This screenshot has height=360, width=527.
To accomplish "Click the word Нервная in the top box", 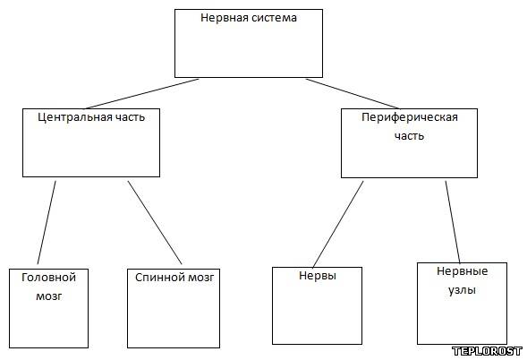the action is pos(225,18).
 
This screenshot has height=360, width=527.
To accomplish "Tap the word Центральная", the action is pos(74,117).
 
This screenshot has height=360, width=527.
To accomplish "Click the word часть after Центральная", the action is pos(130,117).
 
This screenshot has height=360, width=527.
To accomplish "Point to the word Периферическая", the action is pos(410,117).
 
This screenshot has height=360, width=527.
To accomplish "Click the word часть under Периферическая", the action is pos(410,136).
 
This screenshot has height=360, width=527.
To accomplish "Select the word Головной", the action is pos(48,278).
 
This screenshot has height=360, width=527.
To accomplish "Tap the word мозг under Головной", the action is pos(49,296).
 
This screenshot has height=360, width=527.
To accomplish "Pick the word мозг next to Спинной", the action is pos(201,278).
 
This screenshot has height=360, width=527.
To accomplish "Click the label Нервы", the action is pos(318,276).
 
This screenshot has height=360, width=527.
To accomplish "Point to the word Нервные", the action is pos(463,271).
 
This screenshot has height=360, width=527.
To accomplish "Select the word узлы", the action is pos(463,290).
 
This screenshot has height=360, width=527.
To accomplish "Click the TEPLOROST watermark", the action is pos(488,351).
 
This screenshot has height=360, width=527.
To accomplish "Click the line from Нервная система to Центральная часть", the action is pos(141,94).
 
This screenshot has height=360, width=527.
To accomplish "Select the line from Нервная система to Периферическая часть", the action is pos(353,94).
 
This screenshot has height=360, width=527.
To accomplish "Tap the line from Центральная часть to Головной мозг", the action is pos(47,222).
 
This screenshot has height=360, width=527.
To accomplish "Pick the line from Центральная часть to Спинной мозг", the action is pos(155,222).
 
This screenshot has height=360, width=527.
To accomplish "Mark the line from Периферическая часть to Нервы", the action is pos(338,225).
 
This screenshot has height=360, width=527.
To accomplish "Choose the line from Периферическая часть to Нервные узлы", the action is pos(453,222).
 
